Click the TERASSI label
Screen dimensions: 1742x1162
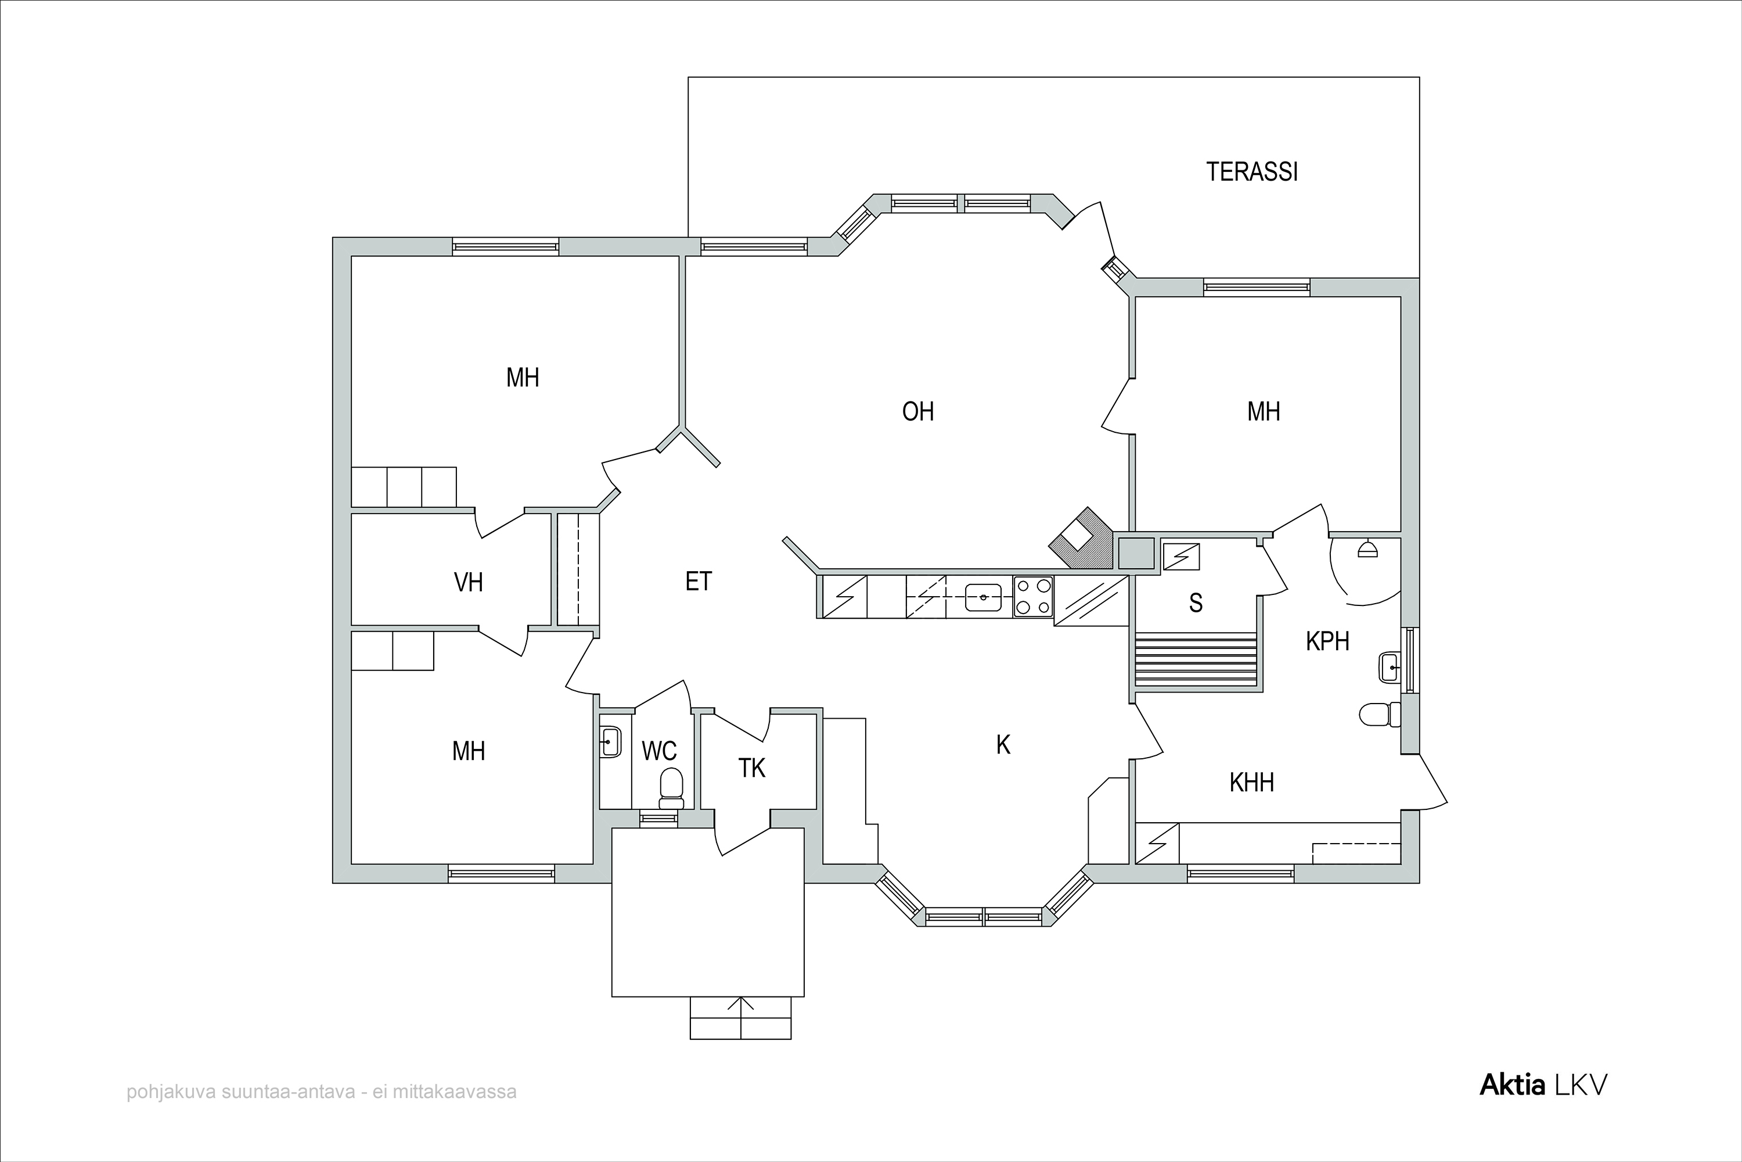tap(1252, 172)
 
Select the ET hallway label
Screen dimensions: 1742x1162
tap(699, 582)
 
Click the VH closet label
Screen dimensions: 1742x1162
tap(468, 583)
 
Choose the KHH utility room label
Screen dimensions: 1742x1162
tap(1252, 783)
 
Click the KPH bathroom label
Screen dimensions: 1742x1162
tap(1327, 641)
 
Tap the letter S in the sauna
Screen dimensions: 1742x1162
tap(1196, 603)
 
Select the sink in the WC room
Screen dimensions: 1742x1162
tap(610, 741)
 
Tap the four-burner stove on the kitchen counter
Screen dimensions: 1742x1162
tap(1033, 597)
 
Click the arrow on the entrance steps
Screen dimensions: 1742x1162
tap(741, 1017)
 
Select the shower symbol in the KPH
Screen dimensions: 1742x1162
tap(1367, 549)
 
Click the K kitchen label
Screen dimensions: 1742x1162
tap(1003, 745)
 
